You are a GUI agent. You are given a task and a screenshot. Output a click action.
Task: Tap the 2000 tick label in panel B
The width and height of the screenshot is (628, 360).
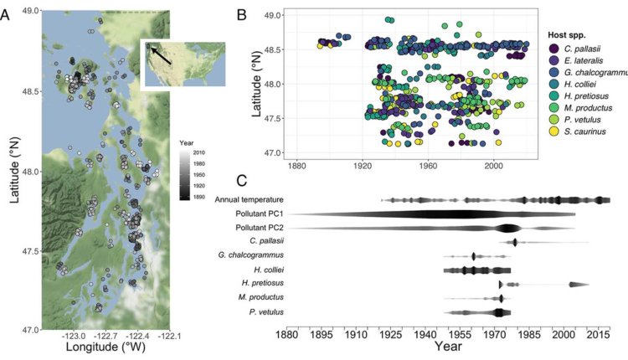(x=493, y=166)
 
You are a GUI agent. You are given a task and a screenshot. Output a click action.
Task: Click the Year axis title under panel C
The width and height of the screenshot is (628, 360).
(x=448, y=346)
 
